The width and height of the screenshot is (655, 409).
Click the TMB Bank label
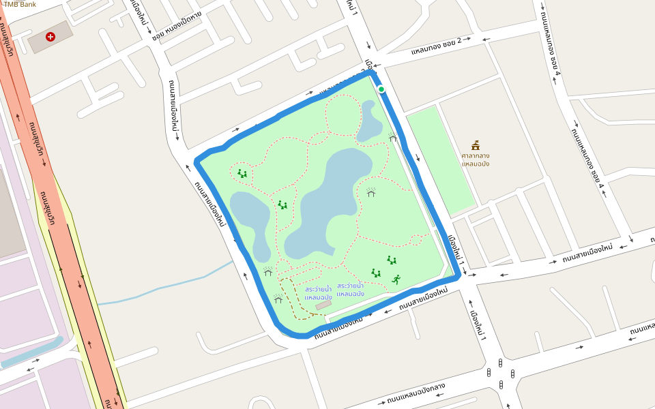pyautogui.click(x=20, y=4)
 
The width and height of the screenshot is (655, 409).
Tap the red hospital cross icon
pyautogui.click(x=50, y=36)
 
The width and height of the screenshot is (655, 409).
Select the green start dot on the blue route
pyautogui.click(x=381, y=89)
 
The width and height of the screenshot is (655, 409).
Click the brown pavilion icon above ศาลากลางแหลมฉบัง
pyautogui.click(x=476, y=145)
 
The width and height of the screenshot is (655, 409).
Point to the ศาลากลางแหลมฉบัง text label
pyautogui.click(x=476, y=159)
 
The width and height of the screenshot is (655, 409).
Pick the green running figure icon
pyautogui.click(x=396, y=279)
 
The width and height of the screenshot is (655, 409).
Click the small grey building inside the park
pyautogui.click(x=323, y=305)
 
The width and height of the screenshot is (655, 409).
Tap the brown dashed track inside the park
pyautogui.click(x=293, y=300)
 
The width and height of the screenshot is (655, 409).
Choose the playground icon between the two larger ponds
pyautogui.click(x=282, y=204)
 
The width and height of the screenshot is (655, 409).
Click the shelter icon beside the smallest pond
pyautogui.click(x=393, y=137)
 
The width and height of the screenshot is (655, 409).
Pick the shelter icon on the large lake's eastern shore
pyautogui.click(x=371, y=192)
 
